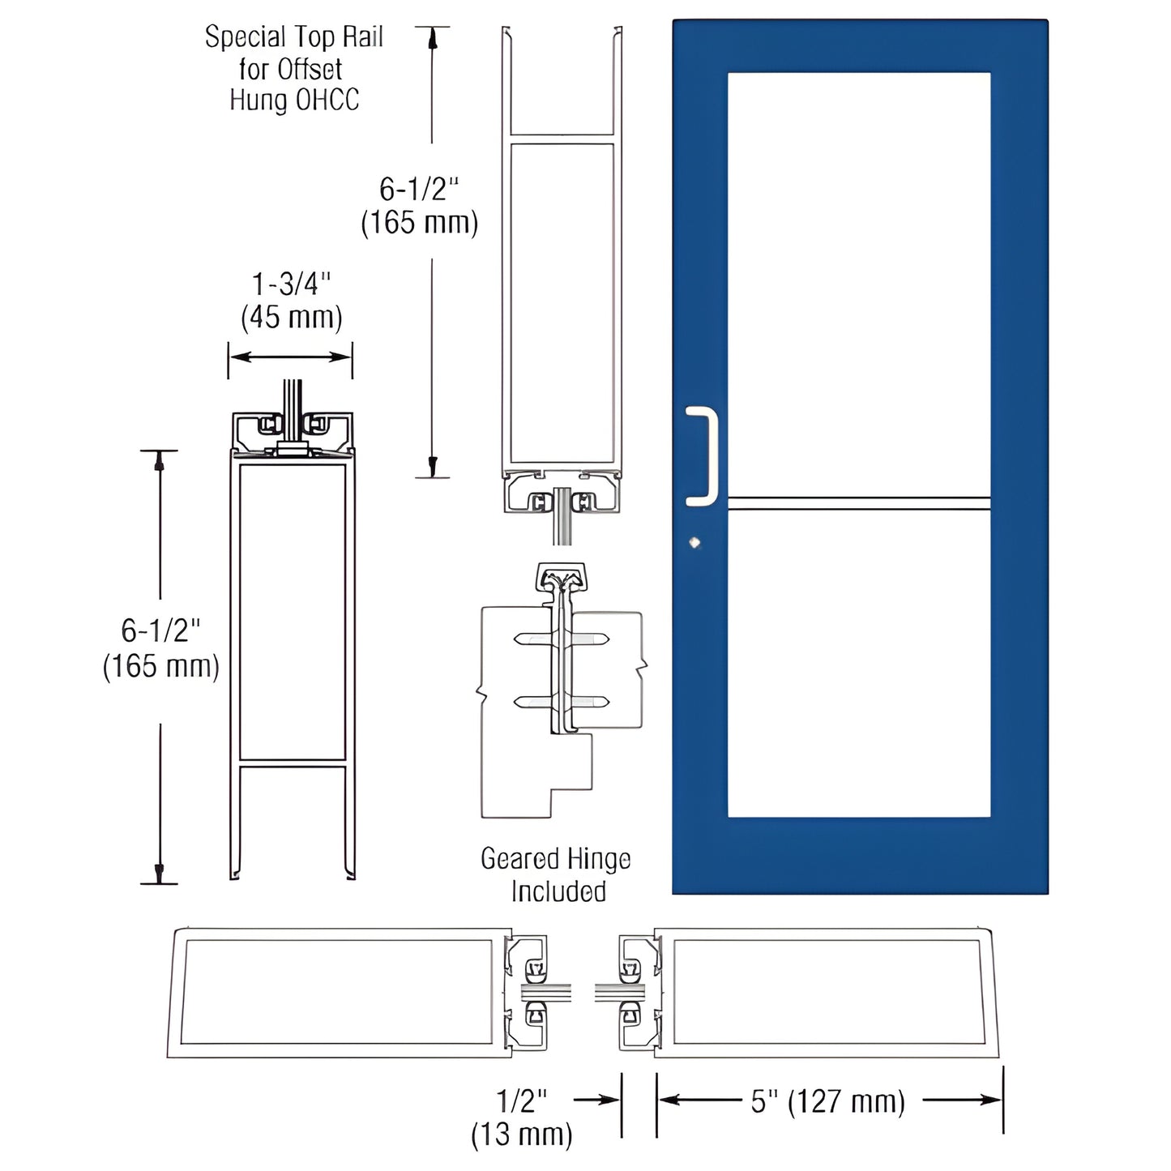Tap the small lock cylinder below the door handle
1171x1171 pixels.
coord(694,543)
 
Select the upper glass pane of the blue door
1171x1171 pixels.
coord(858,284)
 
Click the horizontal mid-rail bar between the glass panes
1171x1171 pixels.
coord(858,503)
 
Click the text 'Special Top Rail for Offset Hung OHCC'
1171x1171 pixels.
coord(293,69)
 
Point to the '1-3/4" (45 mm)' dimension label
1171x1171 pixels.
coord(291,301)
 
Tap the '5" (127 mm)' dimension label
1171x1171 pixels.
coord(827,1102)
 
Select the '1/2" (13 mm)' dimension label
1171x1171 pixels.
coord(522,1118)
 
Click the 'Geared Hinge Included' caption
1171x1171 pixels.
coord(556,875)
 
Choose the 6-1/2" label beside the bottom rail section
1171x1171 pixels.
coord(160,647)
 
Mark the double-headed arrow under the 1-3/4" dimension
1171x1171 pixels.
coord(290,357)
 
